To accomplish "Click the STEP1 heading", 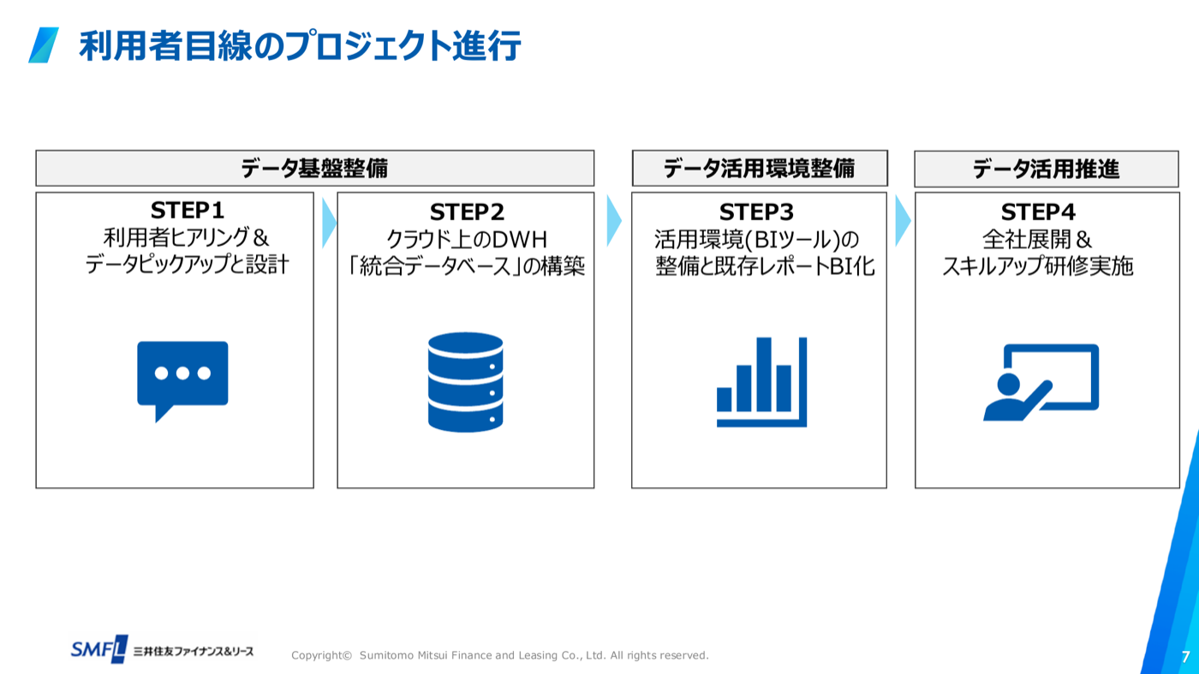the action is coord(187,211).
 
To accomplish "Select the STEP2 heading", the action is coord(467,212).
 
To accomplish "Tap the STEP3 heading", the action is coord(756,212).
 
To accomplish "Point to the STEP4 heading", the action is coord(1038,212).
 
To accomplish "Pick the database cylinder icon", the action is coord(466,382).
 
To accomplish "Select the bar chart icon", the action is coord(761,382).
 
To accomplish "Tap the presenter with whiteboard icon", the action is coord(1041,382).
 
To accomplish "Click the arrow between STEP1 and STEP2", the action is coord(329,223).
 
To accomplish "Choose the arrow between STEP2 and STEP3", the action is coord(614,221).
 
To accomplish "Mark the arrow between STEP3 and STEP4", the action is coord(903,221).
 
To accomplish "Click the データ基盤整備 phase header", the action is coord(315,168).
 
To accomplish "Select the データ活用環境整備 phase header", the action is coord(760,168).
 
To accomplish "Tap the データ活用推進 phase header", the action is coord(1047,170).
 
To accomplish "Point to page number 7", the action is coord(1185,657).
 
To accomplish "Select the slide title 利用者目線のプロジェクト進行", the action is coord(300,45).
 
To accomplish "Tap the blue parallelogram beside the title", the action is coord(44,45).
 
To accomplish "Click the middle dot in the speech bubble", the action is coord(182,373).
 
